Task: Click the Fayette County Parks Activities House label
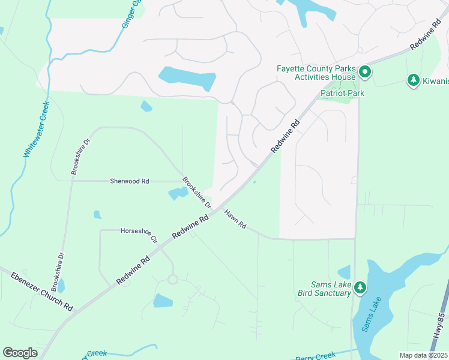tap(316, 73)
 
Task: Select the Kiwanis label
tap(434, 81)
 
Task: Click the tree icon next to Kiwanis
tap(413, 80)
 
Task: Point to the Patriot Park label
tap(342, 93)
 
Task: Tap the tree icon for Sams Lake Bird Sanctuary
tap(360, 288)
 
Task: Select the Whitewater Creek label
tap(37, 129)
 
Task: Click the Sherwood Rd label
tap(129, 181)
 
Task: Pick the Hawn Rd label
tap(235, 218)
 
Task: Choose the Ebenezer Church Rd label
tap(41, 291)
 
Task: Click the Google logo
tap(20, 353)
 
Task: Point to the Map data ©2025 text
tap(423, 355)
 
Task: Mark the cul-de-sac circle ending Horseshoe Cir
tap(173, 279)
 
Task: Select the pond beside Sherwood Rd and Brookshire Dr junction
tap(178, 193)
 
